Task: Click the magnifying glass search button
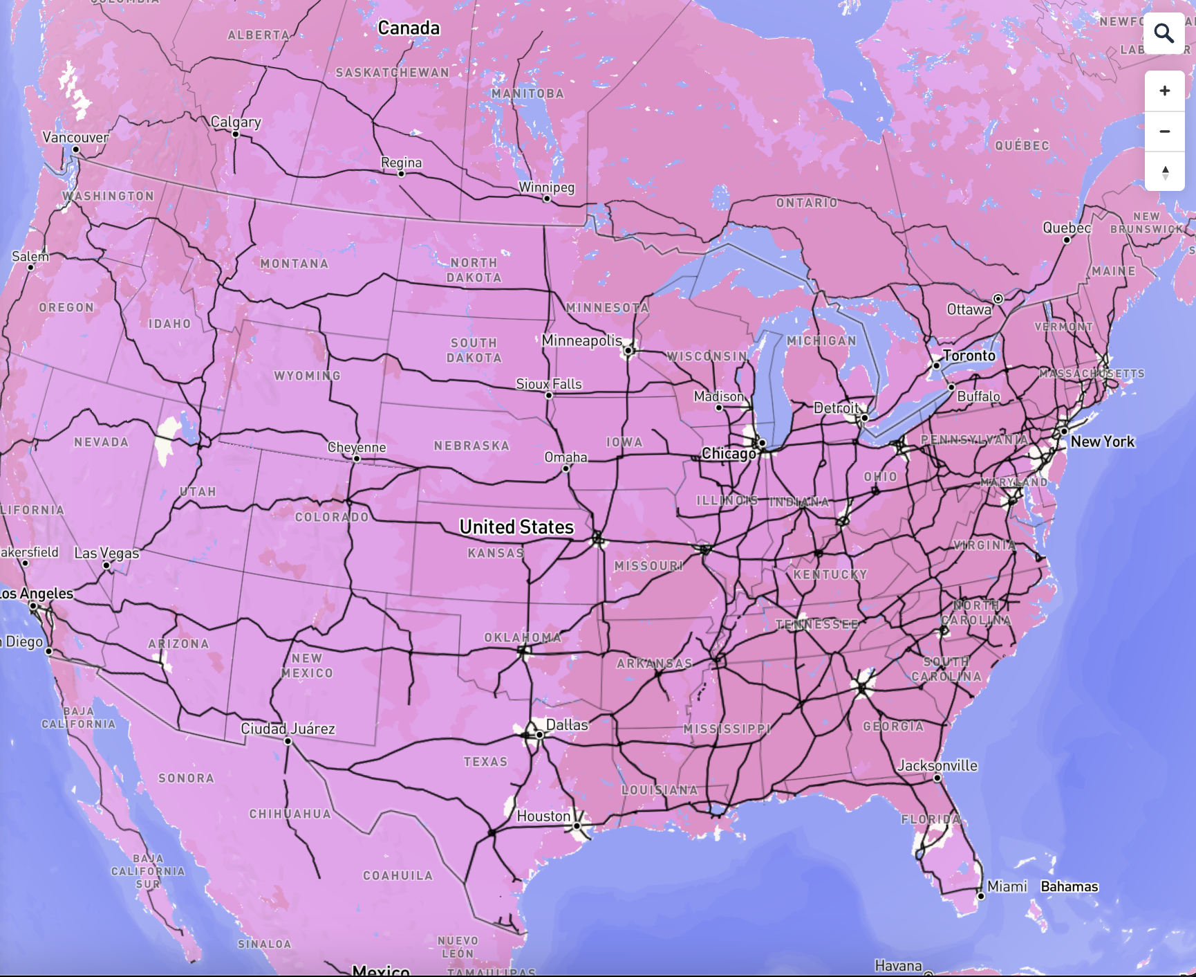1164,33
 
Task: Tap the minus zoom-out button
1164,131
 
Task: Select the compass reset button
1164,172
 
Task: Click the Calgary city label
236,122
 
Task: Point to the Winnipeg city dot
547,199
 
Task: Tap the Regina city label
401,162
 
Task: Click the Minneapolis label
581,340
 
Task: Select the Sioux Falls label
549,384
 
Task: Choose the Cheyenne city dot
357,459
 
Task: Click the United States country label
516,527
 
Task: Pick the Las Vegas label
106,553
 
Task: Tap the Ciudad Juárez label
288,729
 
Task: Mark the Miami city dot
980,896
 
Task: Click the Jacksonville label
937,765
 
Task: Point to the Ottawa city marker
998,299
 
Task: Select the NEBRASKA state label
471,446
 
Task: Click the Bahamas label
1069,886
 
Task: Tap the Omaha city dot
566,468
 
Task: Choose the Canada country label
409,28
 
